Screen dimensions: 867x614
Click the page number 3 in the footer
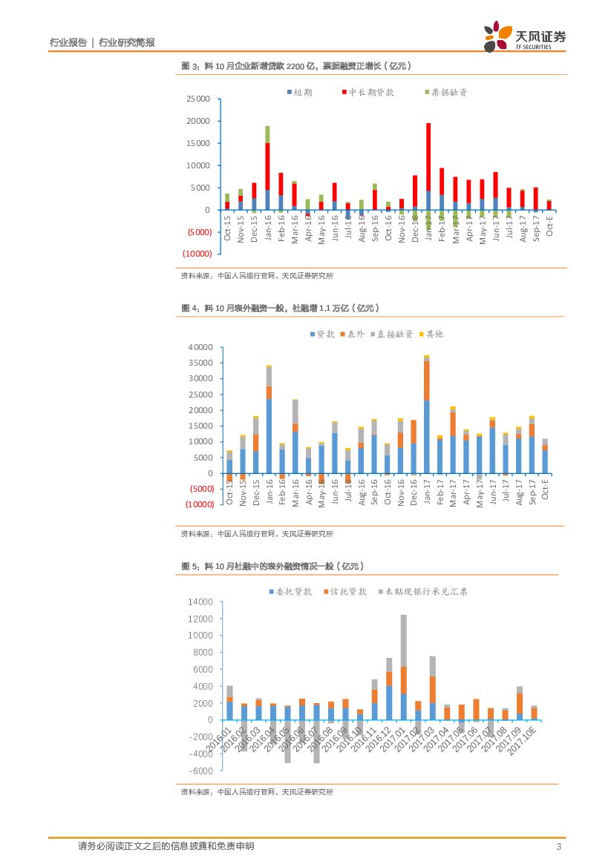click(x=558, y=847)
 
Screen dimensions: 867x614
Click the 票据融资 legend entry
click(x=445, y=92)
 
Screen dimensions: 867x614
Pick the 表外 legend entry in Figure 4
click(x=351, y=334)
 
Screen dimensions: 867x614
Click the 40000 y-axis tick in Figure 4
click(x=201, y=347)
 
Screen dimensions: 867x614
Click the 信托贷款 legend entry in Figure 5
click(x=346, y=592)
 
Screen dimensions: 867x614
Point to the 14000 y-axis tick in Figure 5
click(x=201, y=602)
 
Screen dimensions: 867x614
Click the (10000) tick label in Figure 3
click(x=196, y=254)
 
